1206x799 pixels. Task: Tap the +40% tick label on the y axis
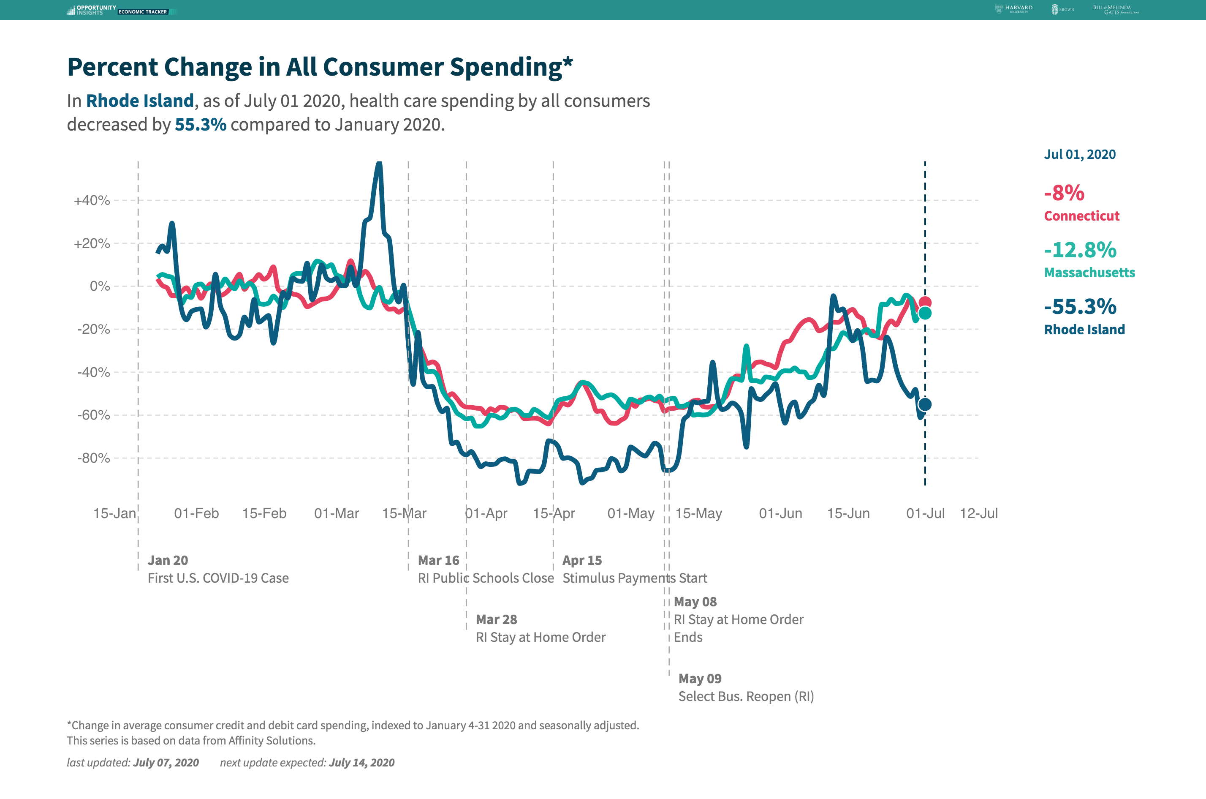(x=92, y=200)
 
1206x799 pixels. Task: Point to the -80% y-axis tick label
(x=94, y=458)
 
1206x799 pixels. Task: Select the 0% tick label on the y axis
(x=100, y=286)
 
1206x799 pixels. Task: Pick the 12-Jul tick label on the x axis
(x=978, y=513)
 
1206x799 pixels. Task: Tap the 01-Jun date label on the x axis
(x=780, y=513)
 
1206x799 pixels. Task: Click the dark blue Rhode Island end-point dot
(x=925, y=405)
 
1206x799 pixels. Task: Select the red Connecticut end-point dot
(x=925, y=302)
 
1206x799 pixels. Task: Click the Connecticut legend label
(x=1081, y=216)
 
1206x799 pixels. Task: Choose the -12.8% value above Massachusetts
(x=1080, y=250)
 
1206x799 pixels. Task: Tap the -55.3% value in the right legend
(x=1080, y=307)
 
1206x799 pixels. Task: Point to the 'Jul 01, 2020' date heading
(x=1080, y=154)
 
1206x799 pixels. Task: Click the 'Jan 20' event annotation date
(x=168, y=561)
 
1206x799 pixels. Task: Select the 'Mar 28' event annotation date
(x=496, y=619)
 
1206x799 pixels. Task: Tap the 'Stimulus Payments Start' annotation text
(x=635, y=578)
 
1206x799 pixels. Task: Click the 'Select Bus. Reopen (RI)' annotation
(x=746, y=697)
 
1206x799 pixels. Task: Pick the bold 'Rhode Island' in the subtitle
(x=140, y=101)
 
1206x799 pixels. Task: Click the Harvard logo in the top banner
(x=1013, y=9)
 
